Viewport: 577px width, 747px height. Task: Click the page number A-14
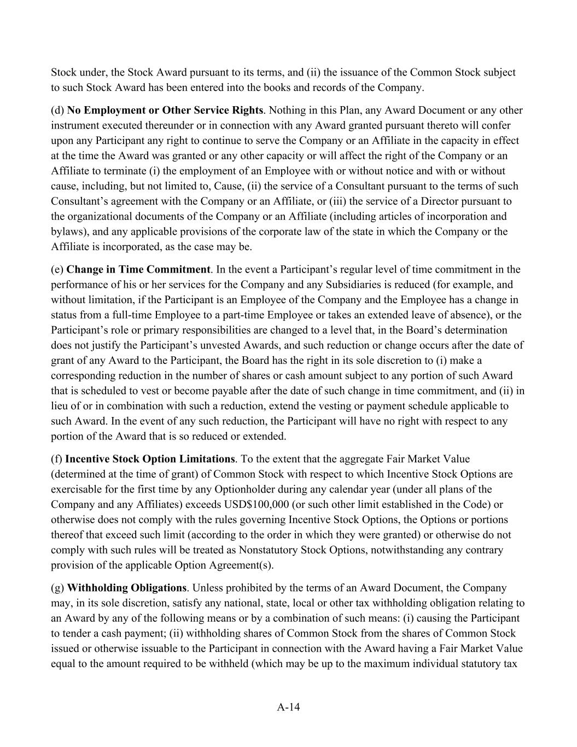coord(288,707)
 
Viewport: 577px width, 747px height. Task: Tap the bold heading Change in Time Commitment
coord(138,269)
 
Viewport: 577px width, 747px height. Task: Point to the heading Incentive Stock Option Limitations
coord(150,459)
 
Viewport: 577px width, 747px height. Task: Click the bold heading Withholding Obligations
coord(127,588)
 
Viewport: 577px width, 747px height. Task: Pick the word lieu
coord(60,406)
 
